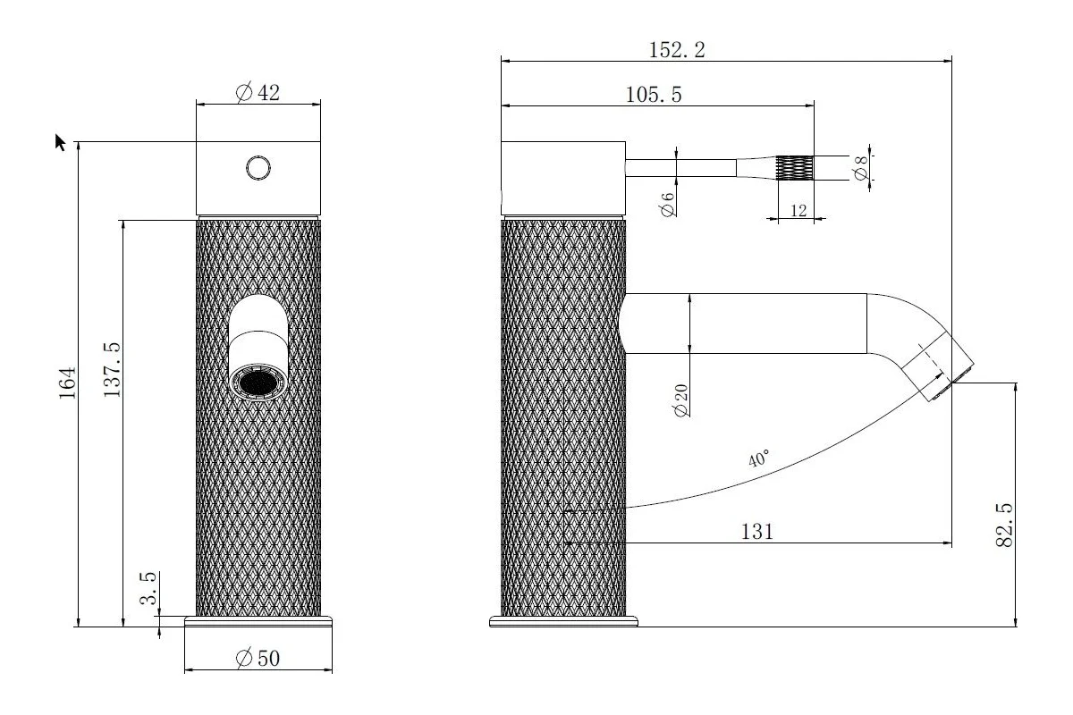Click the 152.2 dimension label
point(676,50)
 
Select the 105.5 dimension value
point(654,95)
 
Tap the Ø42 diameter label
point(258,92)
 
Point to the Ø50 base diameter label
point(258,658)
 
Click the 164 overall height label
point(68,383)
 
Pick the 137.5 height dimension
point(112,370)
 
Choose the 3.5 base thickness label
point(148,588)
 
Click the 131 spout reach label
point(756,532)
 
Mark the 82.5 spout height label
point(1004,525)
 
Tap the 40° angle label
point(759,458)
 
